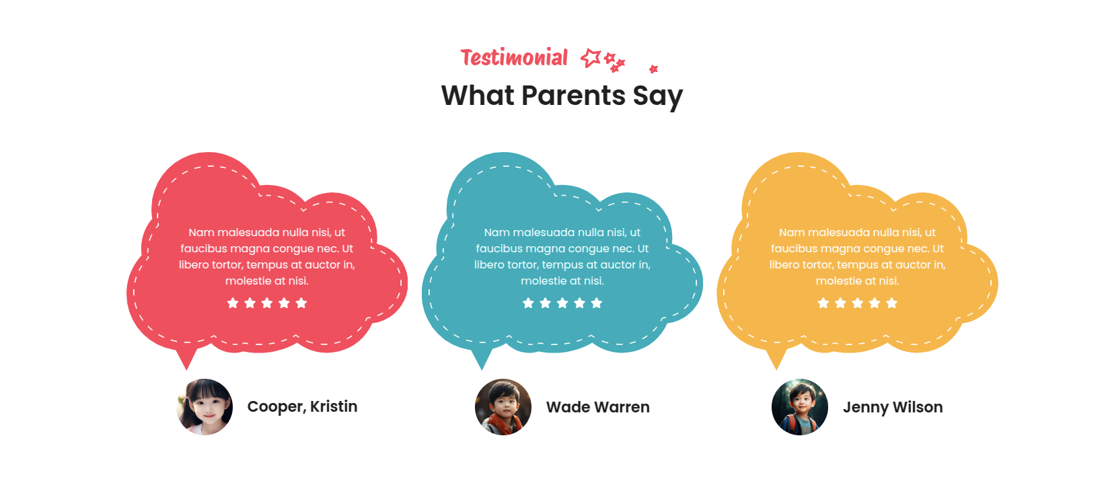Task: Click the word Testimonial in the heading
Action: (514, 57)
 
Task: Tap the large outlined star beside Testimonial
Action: (591, 58)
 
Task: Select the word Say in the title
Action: (658, 96)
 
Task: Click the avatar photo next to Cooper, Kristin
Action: (205, 407)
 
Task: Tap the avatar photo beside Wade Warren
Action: (503, 407)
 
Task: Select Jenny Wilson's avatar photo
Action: (800, 407)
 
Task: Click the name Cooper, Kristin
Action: (302, 407)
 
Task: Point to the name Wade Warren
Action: (598, 407)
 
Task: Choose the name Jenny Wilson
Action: (893, 407)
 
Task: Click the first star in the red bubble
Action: (233, 303)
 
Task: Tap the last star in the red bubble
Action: (301, 303)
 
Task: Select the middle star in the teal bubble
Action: (562, 303)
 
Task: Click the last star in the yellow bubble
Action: (892, 303)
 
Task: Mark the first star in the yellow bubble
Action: (823, 303)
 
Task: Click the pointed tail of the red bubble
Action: (186, 365)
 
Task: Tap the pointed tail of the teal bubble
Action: (482, 365)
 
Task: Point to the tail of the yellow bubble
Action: (776, 365)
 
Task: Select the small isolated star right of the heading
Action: (653, 69)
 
